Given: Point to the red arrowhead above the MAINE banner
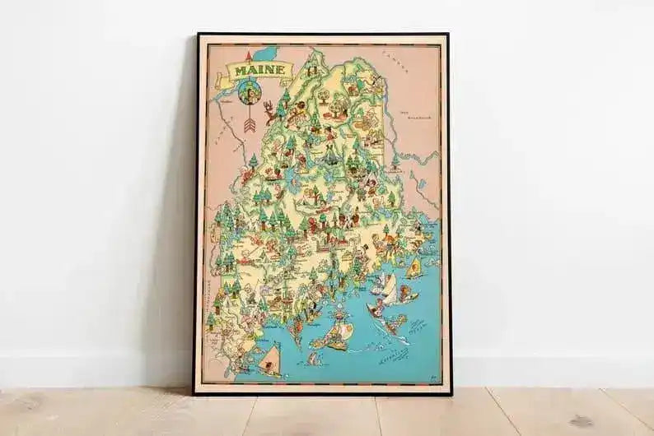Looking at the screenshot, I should [246, 56].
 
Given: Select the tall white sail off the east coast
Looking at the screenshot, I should [389, 288].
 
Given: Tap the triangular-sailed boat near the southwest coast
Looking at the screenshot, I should [269, 359].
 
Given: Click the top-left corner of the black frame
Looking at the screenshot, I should [198, 35].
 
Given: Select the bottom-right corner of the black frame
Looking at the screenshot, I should [449, 393].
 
